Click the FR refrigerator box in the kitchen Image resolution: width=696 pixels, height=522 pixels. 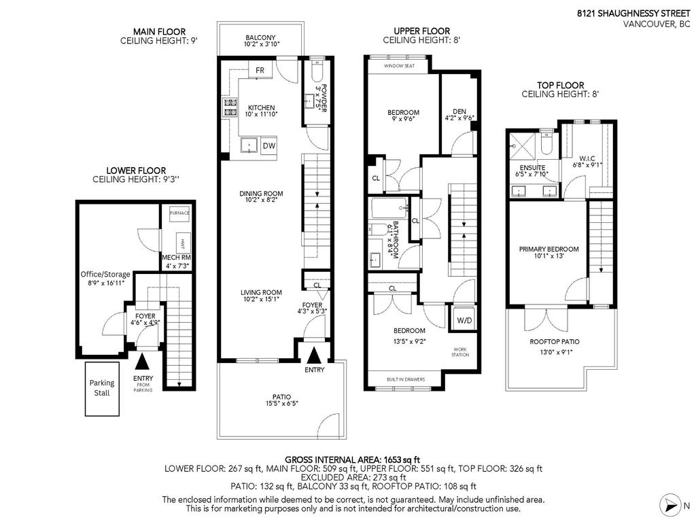(x=260, y=70)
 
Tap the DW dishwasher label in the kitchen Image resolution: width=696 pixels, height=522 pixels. (x=269, y=146)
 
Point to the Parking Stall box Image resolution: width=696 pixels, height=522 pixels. (x=102, y=387)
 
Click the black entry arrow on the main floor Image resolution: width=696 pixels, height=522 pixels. (x=314, y=355)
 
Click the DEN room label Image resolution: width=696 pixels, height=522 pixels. (x=459, y=114)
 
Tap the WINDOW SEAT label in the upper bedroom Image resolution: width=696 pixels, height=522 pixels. (x=398, y=66)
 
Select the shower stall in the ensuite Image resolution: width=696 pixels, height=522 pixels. (x=521, y=144)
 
